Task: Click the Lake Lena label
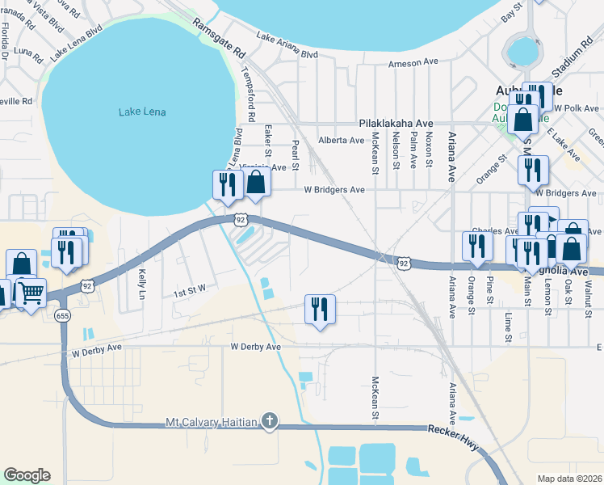click(142, 112)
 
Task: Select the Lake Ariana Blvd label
click(287, 46)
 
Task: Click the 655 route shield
click(62, 315)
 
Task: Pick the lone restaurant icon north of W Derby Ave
click(320, 308)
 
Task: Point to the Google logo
click(27, 475)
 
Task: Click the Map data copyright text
click(570, 479)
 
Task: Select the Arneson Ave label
click(413, 63)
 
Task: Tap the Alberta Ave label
click(342, 140)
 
